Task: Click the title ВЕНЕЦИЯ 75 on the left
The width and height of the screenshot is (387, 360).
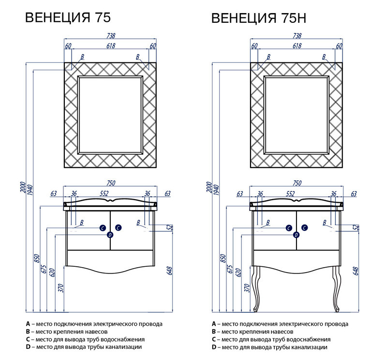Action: click(68, 18)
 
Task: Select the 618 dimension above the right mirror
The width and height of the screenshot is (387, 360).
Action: click(297, 46)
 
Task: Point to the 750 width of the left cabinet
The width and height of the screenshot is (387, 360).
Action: click(111, 183)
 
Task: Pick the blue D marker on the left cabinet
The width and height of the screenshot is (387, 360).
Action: click(110, 235)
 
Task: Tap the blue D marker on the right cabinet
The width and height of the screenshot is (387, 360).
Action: click(296, 235)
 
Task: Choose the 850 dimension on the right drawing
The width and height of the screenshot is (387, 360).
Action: click(223, 259)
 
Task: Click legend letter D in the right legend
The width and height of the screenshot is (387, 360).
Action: click(214, 347)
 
